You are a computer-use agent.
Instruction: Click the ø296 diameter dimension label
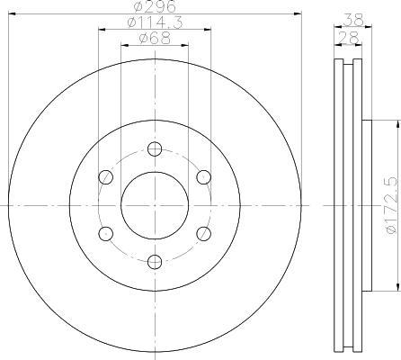point(155,6)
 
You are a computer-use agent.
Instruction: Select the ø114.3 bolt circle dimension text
point(155,22)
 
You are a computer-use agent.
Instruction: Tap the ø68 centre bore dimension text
point(155,39)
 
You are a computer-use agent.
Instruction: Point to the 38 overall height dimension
point(353,20)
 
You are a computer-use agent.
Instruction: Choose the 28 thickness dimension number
point(348,38)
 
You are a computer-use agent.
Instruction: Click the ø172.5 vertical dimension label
point(392,205)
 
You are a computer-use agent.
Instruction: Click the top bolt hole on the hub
point(155,149)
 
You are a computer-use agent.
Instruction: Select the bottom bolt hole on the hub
point(155,262)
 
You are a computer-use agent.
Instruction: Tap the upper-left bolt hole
point(106,177)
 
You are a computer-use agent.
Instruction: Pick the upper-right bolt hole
point(204,177)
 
